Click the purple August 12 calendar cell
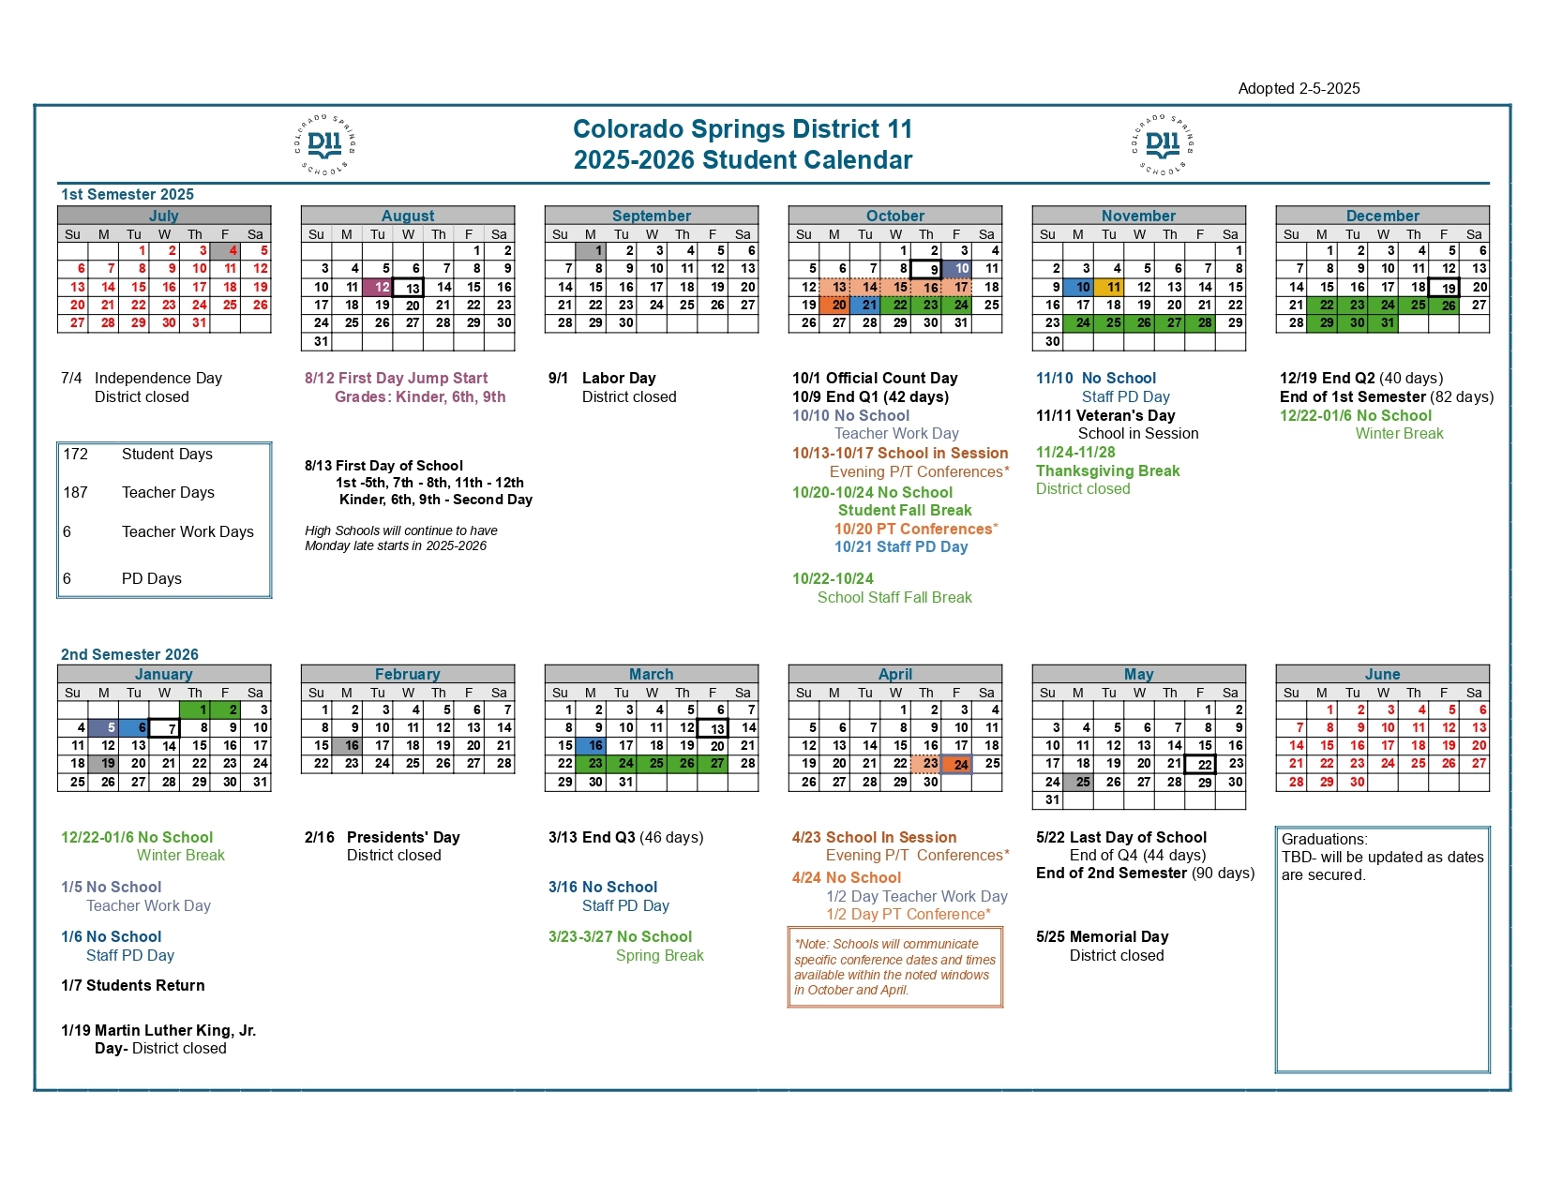378,287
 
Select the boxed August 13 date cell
408,288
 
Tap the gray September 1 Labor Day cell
591,251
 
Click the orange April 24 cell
957,764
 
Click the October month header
895,216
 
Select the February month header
408,674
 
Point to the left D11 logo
324,144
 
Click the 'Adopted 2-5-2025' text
1299,88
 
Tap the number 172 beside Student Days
76,455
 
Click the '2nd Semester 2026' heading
129,654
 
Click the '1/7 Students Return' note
133,985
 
